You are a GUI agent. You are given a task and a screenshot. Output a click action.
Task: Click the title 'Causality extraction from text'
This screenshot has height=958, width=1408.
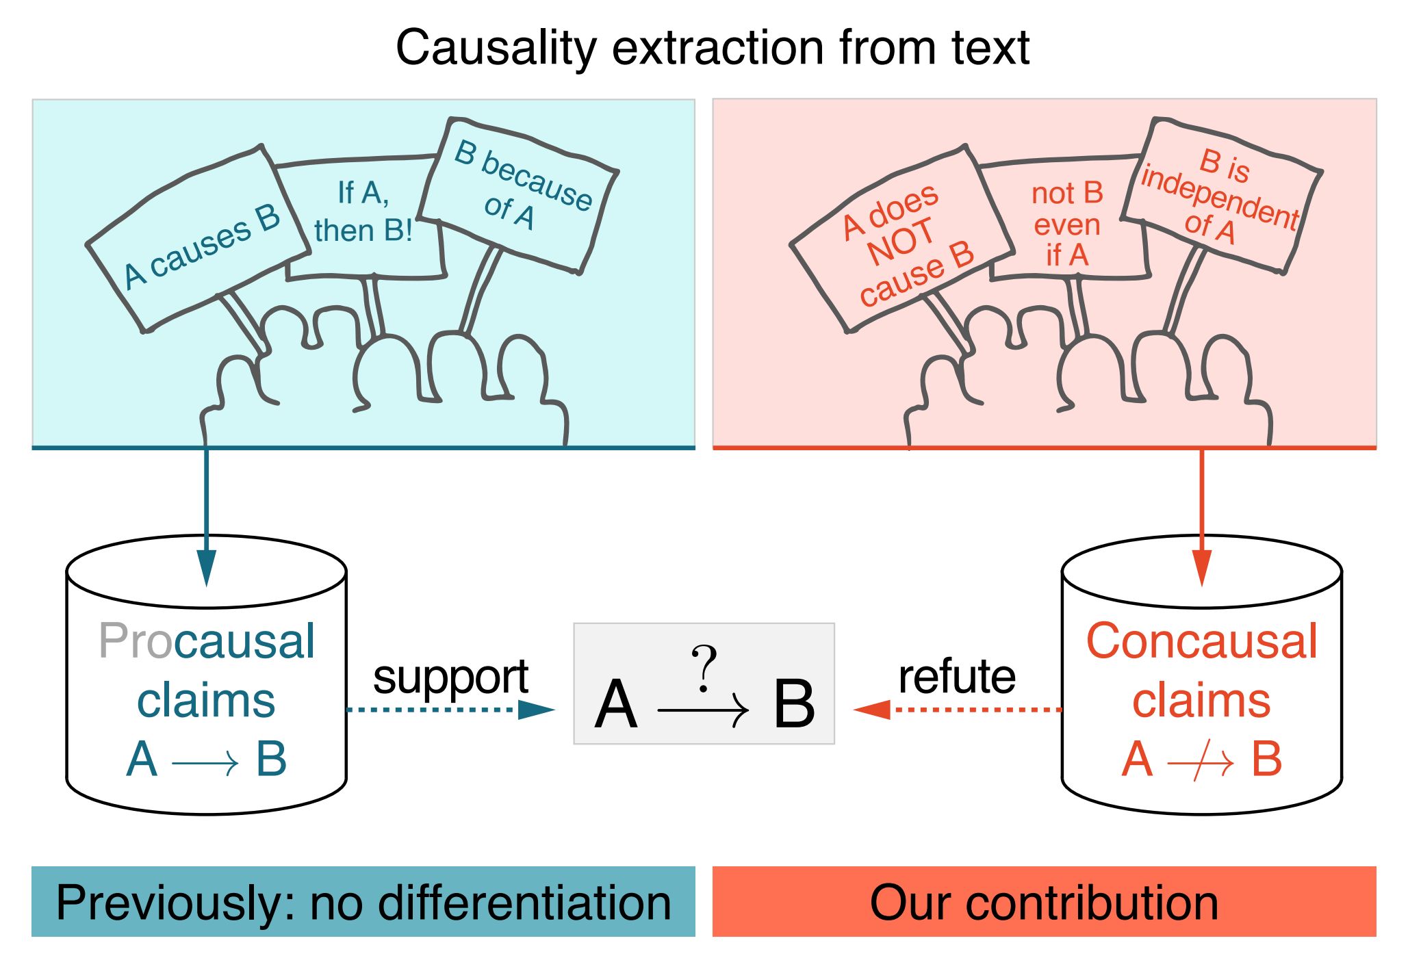tap(713, 48)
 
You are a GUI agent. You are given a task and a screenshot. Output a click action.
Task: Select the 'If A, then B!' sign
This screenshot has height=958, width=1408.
tap(363, 212)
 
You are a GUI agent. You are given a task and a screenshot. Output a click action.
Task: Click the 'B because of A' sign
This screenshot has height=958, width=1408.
tap(520, 188)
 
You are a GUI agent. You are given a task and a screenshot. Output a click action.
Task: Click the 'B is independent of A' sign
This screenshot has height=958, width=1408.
tap(1222, 195)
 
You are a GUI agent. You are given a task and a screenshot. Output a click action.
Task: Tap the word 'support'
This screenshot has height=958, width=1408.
tap(450, 677)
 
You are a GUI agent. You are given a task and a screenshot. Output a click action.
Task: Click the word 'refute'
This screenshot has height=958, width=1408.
tap(957, 677)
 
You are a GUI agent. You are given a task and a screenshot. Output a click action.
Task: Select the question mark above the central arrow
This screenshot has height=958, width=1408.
tap(704, 667)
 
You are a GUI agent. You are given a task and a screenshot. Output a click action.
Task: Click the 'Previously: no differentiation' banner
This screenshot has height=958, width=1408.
tap(363, 902)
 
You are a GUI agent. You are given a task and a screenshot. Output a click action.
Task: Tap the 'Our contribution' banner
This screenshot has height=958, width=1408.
tap(1044, 902)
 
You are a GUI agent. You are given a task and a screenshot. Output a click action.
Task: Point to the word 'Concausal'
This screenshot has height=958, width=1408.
tap(1201, 641)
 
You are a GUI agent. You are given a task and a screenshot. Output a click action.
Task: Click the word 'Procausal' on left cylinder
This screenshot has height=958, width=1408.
tap(207, 641)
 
